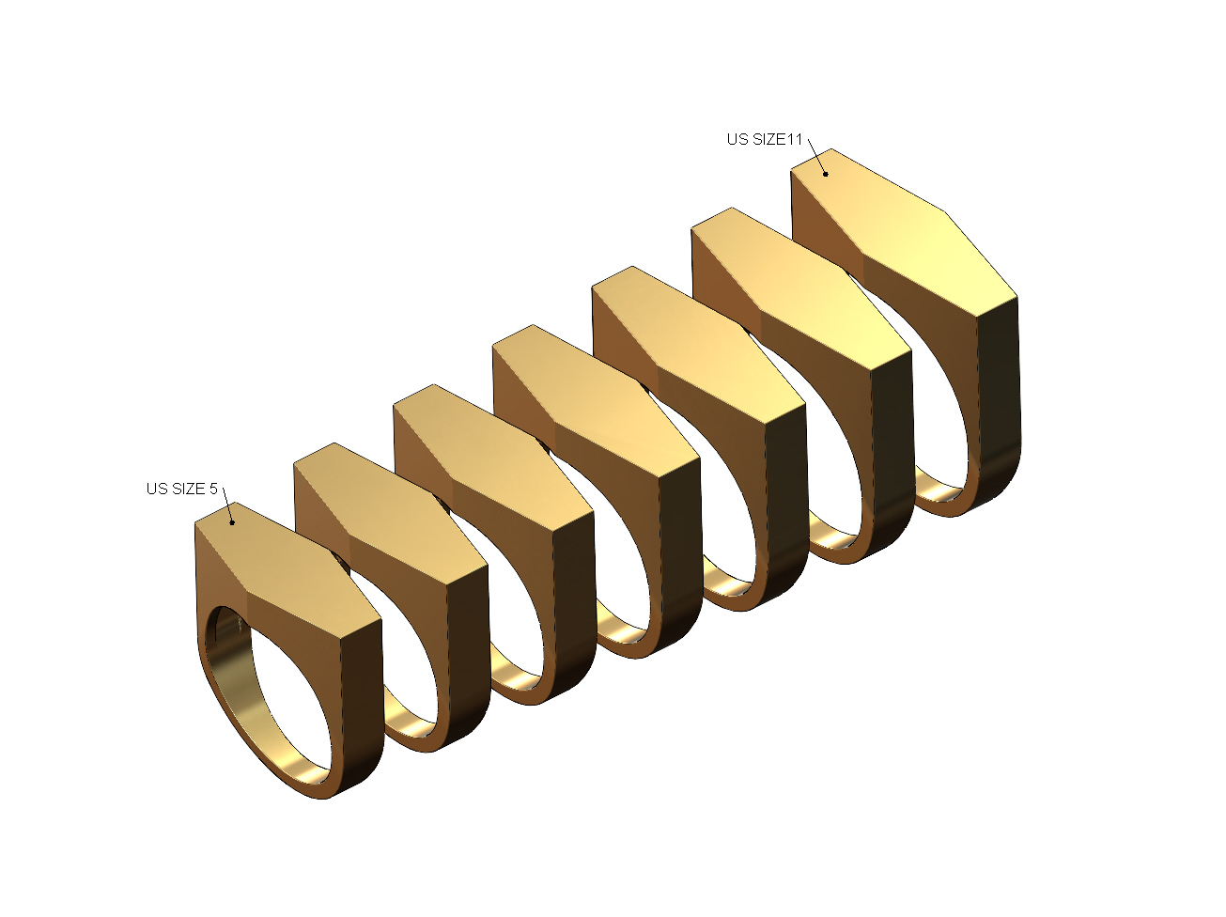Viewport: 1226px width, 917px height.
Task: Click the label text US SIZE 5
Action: [181, 489]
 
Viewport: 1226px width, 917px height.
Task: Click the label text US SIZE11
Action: [765, 139]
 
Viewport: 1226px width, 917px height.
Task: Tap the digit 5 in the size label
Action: [213, 489]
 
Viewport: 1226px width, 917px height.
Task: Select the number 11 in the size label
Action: [795, 139]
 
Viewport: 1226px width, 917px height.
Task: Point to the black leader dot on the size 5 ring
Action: [232, 522]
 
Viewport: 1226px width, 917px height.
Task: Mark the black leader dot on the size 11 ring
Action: [825, 173]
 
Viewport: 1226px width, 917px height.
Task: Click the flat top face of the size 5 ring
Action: [282, 564]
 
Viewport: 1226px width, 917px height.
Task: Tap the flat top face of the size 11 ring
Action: [902, 235]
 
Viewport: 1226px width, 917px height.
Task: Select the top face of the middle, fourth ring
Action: [592, 395]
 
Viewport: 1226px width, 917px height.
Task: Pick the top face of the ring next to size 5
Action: [385, 507]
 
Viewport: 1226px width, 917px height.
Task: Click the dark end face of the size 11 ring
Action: [999, 395]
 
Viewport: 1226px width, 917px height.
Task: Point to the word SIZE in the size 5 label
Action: [187, 489]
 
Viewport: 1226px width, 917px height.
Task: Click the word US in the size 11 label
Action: [737, 139]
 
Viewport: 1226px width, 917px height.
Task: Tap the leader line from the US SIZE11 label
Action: [816, 155]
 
